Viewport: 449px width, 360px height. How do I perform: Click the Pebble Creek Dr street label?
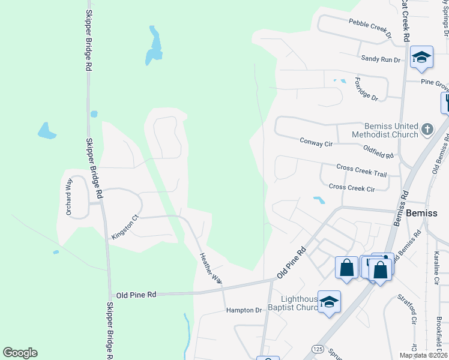370,28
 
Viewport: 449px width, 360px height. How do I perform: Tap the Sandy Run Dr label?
380,59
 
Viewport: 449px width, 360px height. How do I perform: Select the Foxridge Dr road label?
366,89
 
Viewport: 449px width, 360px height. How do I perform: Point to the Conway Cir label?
316,142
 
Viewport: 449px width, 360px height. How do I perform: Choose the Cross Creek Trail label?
361,170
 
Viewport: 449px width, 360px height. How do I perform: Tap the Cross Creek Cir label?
352,187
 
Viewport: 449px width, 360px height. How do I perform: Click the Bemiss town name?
427,213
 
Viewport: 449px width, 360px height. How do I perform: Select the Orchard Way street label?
69,196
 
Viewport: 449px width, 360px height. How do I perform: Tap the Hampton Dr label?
244,310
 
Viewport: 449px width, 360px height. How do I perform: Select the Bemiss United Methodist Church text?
391,130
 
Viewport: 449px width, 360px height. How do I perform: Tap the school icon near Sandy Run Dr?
421,56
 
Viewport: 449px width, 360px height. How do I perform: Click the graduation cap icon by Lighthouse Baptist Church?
329,302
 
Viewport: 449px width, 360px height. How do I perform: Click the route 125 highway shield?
318,349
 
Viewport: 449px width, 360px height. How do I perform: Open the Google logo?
20,353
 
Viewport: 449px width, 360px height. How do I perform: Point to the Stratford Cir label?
413,312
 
